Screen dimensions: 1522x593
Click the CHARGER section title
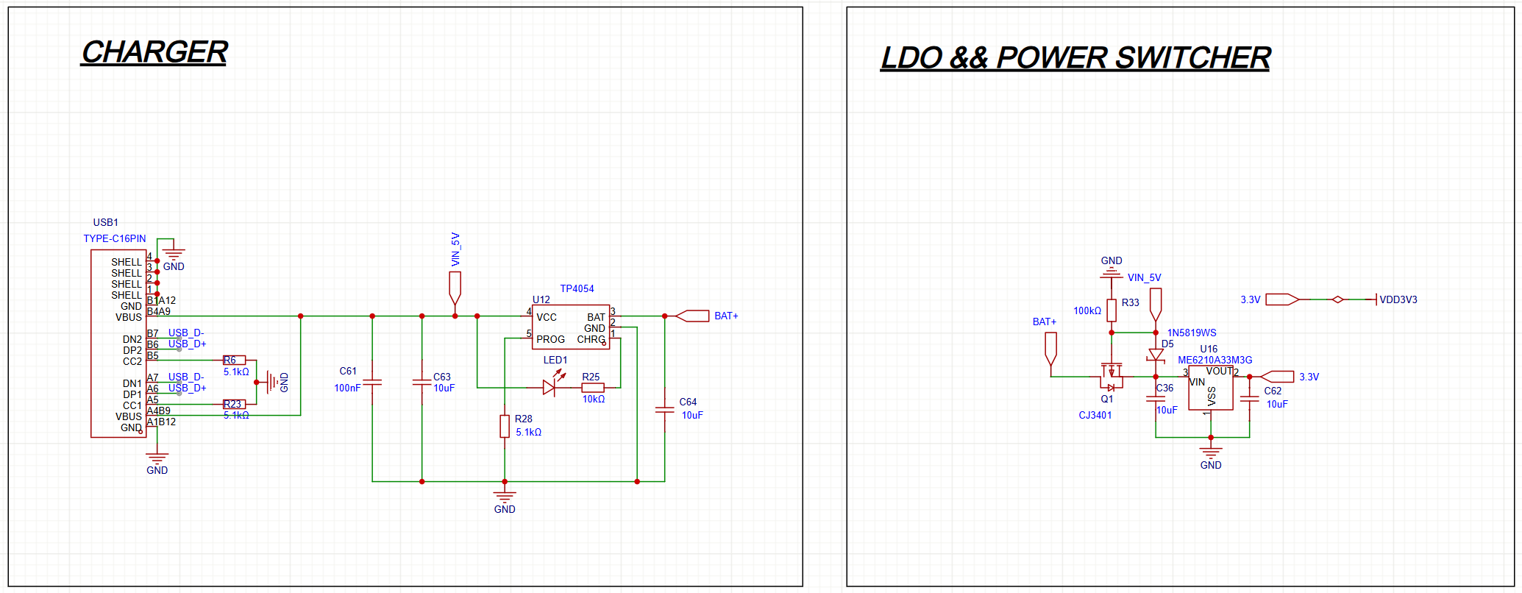pos(154,52)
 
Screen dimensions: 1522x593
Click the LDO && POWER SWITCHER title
pos(1075,57)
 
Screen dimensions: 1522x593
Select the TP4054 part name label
pos(577,288)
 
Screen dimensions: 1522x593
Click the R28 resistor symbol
pos(505,426)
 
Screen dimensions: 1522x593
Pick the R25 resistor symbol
pos(593,388)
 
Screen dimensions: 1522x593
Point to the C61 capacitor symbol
pos(372,383)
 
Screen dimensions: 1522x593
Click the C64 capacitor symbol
pos(664,410)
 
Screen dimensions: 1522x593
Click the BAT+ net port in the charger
pos(692,316)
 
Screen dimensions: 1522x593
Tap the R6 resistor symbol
pos(235,361)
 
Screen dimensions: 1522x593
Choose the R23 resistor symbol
pos(235,404)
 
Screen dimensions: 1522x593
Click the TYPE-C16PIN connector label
pos(115,238)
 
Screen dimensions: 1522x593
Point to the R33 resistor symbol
pos(1112,310)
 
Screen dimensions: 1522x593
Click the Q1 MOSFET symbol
pos(1112,377)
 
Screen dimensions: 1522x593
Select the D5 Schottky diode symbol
pos(1156,355)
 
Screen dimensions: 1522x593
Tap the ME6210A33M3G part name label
pos(1215,360)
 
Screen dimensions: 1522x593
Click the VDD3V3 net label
pos(1398,299)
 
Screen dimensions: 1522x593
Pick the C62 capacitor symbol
pos(1249,399)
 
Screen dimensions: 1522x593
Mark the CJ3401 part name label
pos(1095,415)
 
